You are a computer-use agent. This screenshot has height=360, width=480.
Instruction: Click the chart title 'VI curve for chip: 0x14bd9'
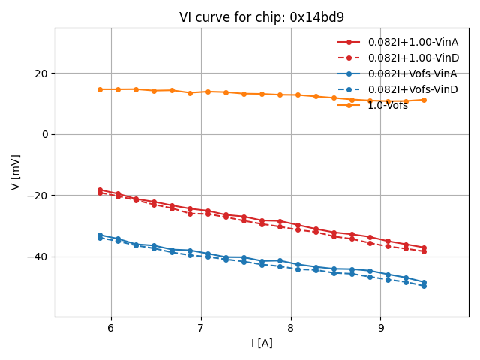(262, 17)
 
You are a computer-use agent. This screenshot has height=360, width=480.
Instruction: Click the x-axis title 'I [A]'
(262, 343)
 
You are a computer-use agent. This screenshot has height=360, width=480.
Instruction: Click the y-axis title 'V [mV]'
(16, 172)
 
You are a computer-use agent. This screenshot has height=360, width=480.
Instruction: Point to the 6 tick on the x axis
(111, 328)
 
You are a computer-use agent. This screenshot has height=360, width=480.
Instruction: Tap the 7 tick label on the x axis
(201, 328)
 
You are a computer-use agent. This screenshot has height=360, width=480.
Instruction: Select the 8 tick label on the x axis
(291, 328)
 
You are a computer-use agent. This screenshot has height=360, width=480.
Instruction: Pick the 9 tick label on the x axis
(381, 328)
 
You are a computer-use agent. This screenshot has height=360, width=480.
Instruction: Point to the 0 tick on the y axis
(44, 134)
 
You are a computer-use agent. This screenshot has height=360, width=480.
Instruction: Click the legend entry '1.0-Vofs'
(388, 105)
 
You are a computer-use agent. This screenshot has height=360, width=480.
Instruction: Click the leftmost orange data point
(100, 89)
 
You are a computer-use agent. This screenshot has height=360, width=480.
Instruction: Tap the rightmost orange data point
(424, 100)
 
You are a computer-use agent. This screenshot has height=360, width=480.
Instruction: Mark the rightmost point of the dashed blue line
(424, 286)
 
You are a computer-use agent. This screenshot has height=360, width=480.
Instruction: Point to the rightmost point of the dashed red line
(424, 251)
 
